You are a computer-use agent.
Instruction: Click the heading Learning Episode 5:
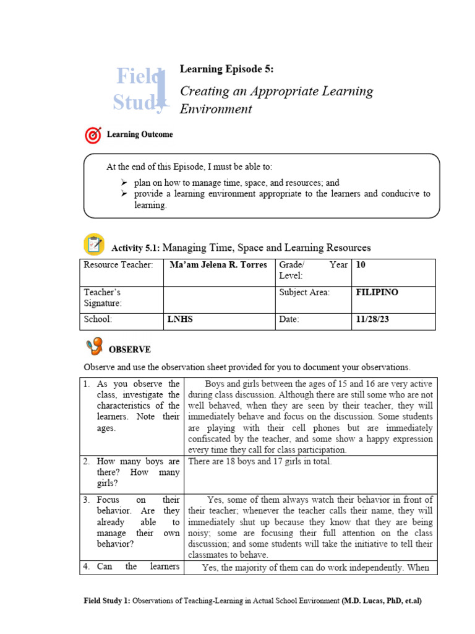click(226, 69)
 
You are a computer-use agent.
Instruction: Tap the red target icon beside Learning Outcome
click(92, 134)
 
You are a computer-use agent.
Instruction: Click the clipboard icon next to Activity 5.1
click(93, 245)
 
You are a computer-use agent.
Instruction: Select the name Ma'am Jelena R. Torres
click(218, 265)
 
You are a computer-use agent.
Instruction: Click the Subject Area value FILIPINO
click(377, 292)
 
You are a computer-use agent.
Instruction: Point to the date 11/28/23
click(372, 319)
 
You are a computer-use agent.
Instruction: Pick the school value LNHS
click(180, 319)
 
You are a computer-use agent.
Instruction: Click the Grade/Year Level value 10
click(361, 265)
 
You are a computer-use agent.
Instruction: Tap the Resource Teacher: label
click(118, 265)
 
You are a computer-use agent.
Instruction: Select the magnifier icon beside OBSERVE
click(94, 347)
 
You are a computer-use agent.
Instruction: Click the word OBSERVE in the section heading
click(130, 350)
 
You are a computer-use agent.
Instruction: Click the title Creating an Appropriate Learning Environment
click(276, 100)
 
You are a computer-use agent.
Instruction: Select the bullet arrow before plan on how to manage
click(124, 183)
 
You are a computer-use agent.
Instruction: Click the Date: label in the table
click(289, 319)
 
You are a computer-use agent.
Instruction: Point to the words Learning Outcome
click(140, 134)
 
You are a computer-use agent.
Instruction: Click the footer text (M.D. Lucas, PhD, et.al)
click(382, 601)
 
